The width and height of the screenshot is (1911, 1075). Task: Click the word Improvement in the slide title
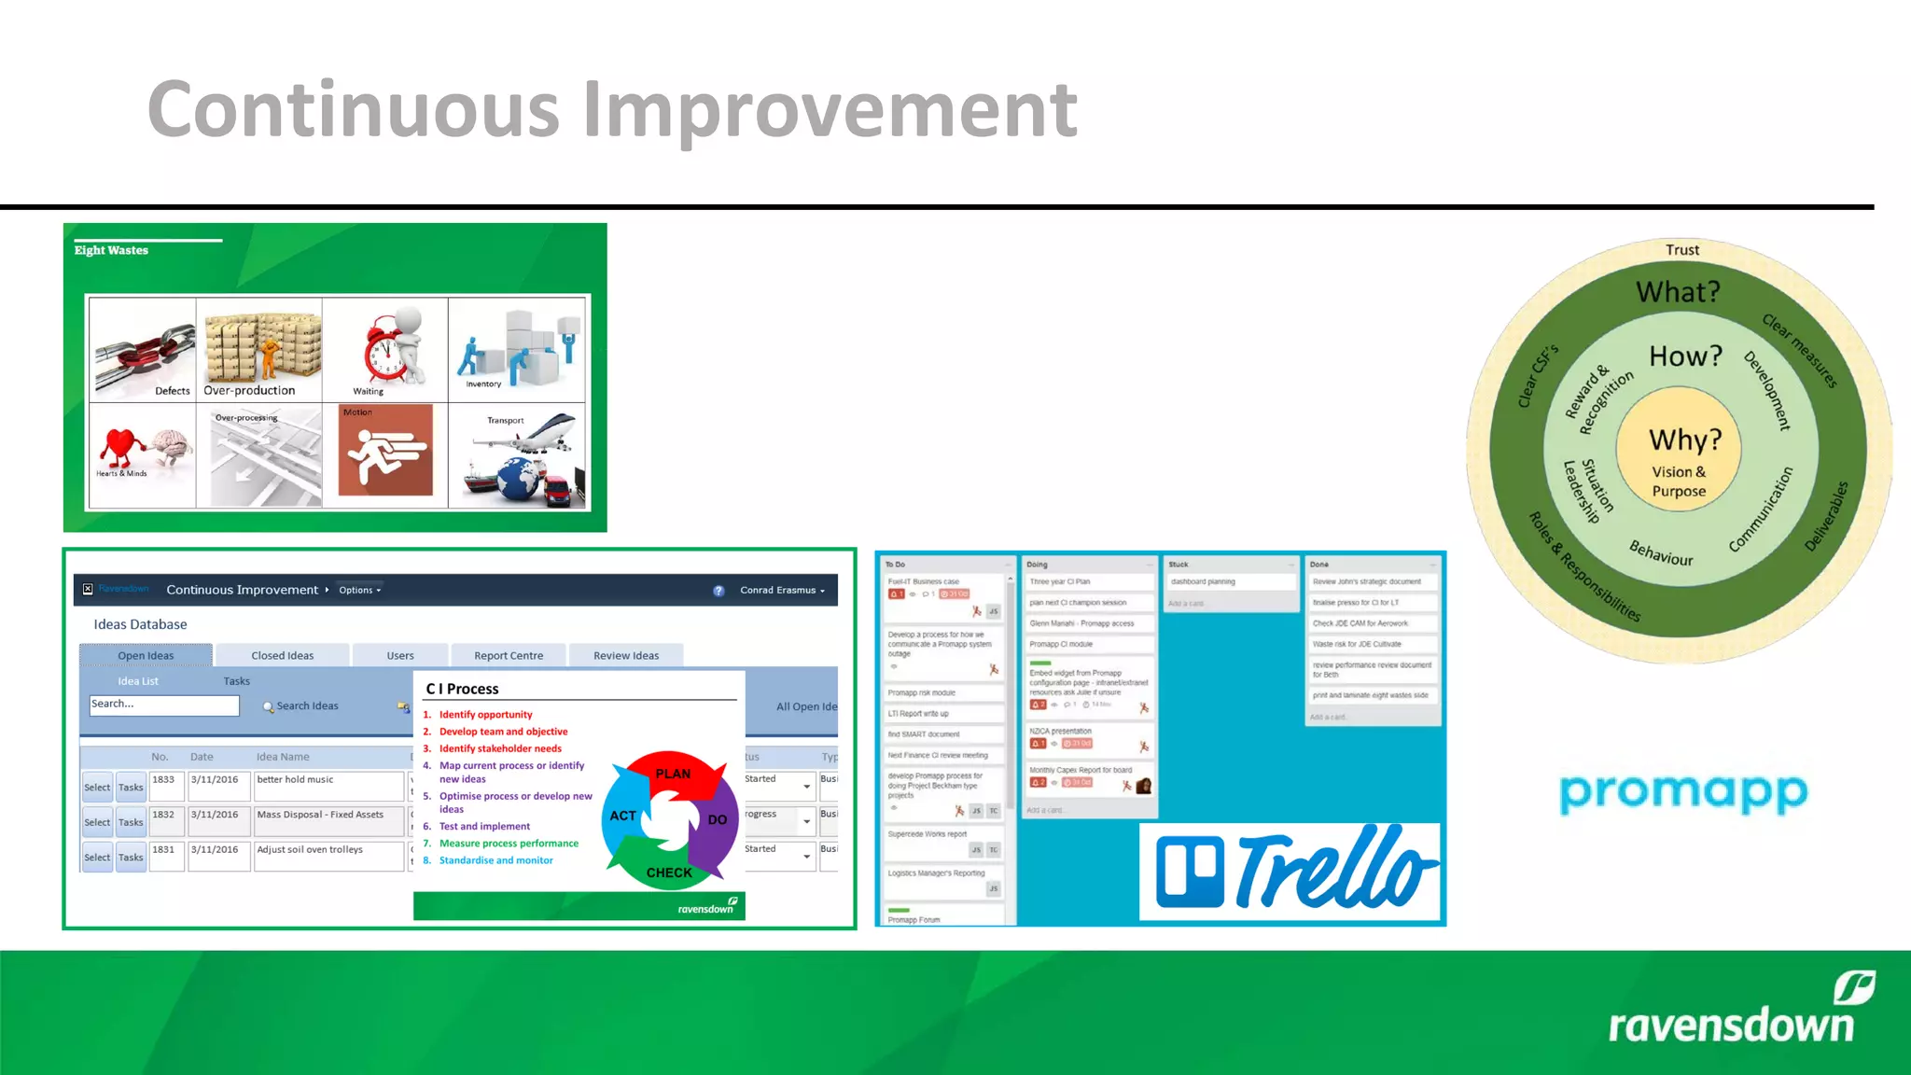[x=830, y=110]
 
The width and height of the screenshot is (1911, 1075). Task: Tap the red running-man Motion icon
[x=384, y=454]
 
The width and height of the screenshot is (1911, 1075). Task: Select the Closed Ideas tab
[x=282, y=655]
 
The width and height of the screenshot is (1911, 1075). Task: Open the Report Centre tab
[x=508, y=655]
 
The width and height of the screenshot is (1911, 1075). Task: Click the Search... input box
[x=163, y=705]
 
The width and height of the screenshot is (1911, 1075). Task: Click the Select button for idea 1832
[x=96, y=822]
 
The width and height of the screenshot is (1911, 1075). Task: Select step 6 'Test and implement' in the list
[x=484, y=826]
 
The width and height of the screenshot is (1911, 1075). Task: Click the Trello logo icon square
[x=1189, y=872]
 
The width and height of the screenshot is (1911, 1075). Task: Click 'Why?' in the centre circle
[x=1683, y=440]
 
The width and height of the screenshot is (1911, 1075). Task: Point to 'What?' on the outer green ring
[x=1677, y=292]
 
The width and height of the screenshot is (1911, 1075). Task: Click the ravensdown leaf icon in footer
[x=1852, y=987]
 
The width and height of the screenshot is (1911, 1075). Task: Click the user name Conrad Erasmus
[x=778, y=590]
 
